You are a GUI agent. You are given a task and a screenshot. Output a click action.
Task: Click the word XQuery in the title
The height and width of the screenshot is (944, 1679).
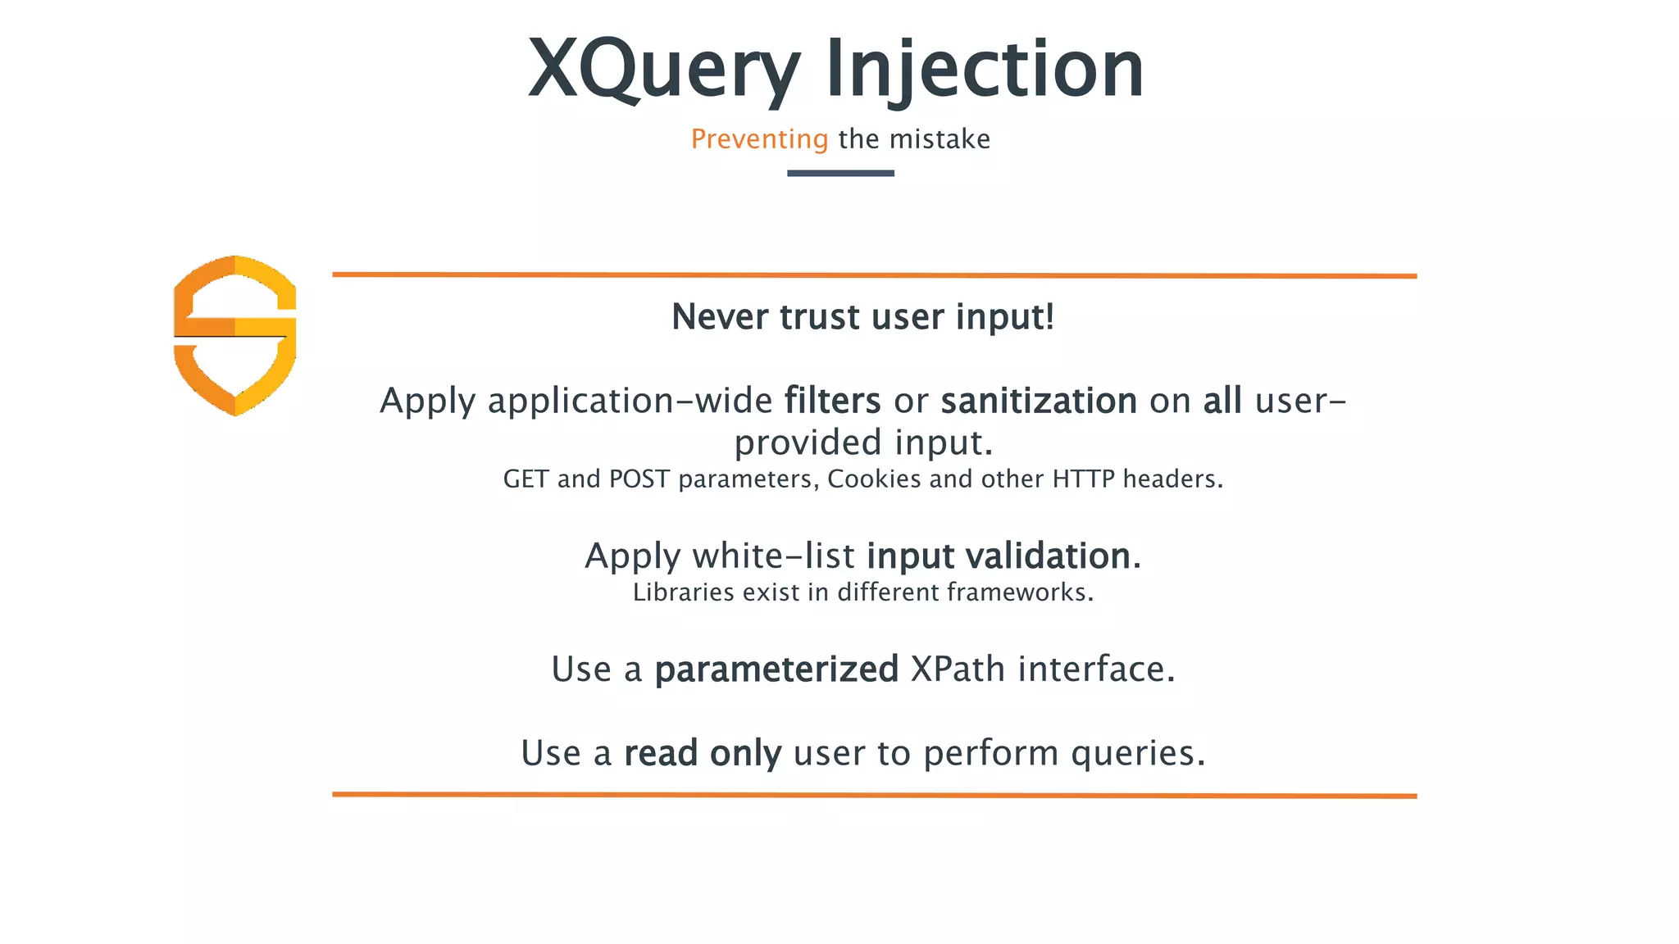click(663, 70)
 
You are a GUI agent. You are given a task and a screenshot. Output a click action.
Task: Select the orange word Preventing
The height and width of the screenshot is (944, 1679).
click(759, 139)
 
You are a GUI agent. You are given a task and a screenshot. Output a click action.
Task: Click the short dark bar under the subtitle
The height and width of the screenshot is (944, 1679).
click(840, 173)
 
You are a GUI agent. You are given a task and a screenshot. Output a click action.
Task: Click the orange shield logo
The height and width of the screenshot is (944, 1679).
click(235, 335)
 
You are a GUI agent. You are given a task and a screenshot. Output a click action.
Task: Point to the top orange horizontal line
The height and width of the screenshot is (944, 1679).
click(874, 275)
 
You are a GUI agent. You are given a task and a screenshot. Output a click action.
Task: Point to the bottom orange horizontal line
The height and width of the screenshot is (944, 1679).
click(874, 795)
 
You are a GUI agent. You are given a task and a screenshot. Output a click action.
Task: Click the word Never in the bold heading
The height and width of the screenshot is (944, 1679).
click(719, 317)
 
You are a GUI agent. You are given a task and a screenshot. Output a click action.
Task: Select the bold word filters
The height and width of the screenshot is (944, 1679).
click(832, 402)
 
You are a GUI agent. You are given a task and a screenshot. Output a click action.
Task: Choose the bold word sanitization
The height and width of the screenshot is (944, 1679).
click(1039, 402)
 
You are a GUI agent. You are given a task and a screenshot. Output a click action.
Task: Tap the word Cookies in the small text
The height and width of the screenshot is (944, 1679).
click(874, 479)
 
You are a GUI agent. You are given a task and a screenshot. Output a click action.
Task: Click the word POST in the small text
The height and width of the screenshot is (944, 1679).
click(639, 479)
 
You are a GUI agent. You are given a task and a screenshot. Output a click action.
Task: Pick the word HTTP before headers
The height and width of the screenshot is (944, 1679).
click(1083, 479)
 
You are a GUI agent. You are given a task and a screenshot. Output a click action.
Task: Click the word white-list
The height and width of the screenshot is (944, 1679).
click(773, 556)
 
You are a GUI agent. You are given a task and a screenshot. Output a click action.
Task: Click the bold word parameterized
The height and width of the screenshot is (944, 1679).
click(776, 669)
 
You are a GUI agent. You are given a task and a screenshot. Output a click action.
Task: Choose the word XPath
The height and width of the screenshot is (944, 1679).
click(958, 669)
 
